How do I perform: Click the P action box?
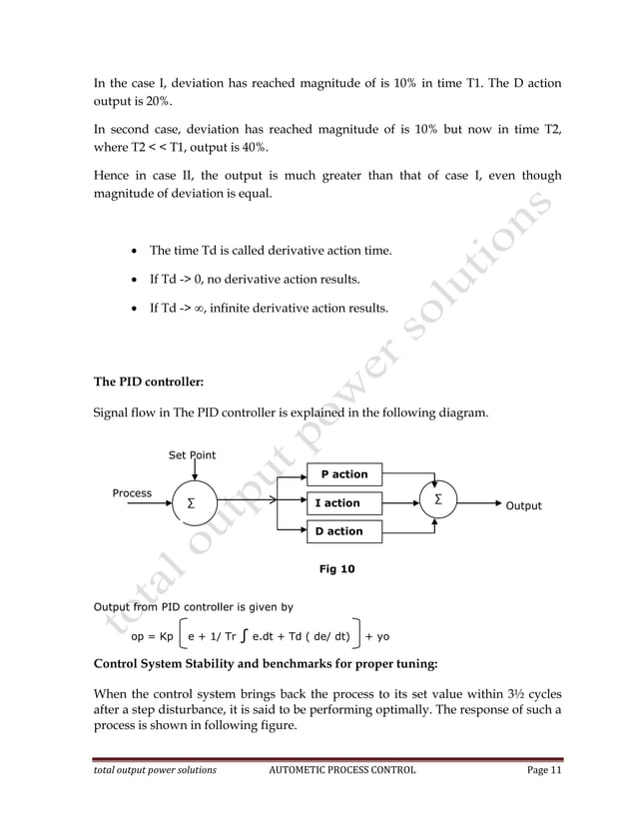343,474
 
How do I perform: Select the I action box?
343,502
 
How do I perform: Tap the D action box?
343,531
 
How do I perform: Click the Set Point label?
192,455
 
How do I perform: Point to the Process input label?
132,493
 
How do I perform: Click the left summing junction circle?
191,505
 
